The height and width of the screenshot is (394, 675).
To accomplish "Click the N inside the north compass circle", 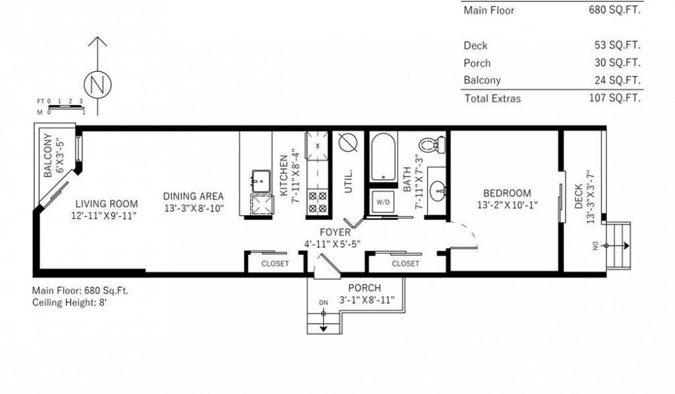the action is (97, 85).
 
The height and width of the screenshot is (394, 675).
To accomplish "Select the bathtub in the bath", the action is (383, 157).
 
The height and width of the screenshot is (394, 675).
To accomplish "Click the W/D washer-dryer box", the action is (383, 202).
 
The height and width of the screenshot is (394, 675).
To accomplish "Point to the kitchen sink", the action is (261, 181).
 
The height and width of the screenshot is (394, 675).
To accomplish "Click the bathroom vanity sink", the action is (438, 190).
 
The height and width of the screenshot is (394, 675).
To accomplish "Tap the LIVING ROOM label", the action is (107, 204).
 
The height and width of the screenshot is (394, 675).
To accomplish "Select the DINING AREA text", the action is (193, 196).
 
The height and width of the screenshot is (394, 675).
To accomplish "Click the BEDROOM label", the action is (506, 193).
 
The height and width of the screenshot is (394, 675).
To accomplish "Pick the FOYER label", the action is (335, 233).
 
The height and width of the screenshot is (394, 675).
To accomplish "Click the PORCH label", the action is (364, 288).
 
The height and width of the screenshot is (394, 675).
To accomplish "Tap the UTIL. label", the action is (349, 181).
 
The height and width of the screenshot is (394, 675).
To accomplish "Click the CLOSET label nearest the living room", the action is (275, 264).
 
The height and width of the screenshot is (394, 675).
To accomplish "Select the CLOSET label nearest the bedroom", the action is (406, 264).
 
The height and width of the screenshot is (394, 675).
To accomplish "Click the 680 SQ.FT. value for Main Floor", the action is (615, 10).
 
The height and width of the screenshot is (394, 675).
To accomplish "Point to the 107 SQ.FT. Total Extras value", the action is (615, 98).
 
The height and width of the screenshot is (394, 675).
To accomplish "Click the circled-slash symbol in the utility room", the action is (348, 143).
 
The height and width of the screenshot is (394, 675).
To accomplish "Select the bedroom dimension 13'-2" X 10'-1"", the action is (507, 205).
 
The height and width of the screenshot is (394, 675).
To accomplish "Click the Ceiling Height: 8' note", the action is (69, 303).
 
